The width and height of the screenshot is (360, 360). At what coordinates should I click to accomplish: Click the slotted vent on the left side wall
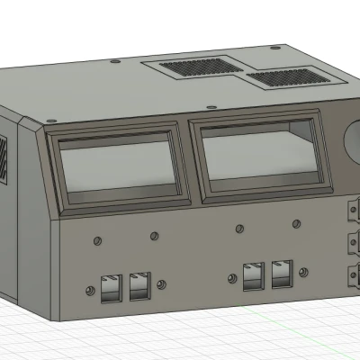point(4,157)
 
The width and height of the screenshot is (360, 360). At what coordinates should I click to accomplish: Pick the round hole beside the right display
point(353,141)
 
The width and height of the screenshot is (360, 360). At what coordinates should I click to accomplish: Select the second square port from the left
point(140,285)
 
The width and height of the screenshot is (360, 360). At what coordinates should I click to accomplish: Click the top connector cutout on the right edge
point(354,214)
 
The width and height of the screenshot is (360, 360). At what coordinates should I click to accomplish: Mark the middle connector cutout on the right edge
point(354,244)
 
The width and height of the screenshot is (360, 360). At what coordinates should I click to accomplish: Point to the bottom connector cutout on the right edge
point(354,275)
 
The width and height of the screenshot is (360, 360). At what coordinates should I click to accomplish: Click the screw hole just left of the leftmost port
point(89,292)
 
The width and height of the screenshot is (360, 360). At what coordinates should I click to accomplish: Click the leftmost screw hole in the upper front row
point(95,240)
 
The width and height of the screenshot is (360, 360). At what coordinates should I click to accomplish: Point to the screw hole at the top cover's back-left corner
point(114,62)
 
